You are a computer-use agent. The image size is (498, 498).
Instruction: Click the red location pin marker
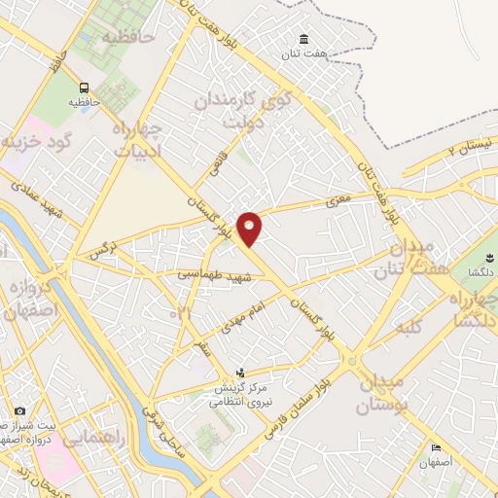[250, 228]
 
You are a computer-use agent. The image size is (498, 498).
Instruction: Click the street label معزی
[336, 200]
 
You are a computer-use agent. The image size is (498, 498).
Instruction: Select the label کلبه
[406, 330]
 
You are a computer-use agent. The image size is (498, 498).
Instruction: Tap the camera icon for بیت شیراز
[19, 411]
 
